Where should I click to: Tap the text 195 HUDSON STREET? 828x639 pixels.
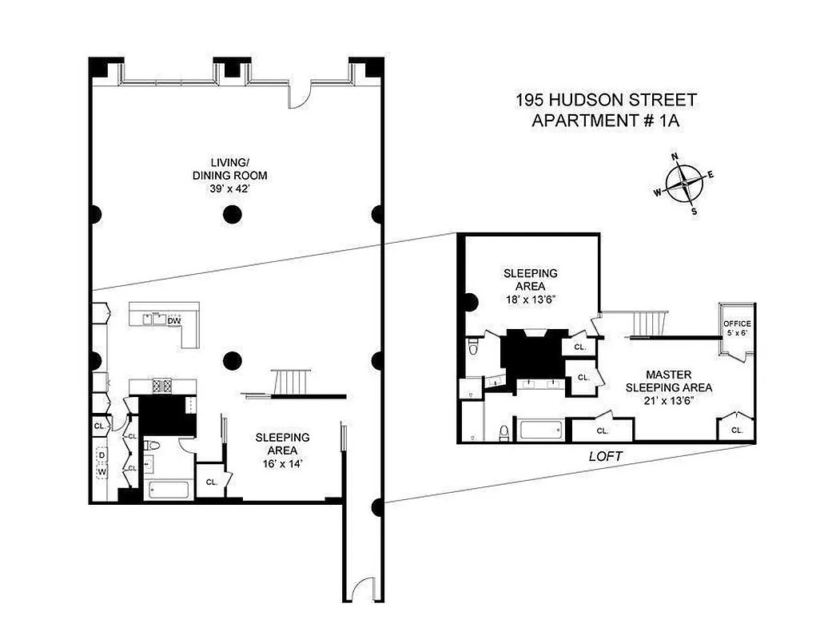606,101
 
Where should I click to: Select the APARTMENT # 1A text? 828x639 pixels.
606,121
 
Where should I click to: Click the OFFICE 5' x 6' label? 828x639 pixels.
737,327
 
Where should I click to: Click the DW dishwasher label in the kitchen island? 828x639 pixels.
173,322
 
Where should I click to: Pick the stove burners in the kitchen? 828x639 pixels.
163,386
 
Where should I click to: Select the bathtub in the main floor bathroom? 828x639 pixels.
168,489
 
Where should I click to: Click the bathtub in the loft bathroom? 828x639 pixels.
543,431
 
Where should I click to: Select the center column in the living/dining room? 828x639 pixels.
232,213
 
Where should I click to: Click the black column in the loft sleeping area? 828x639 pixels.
469,302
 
